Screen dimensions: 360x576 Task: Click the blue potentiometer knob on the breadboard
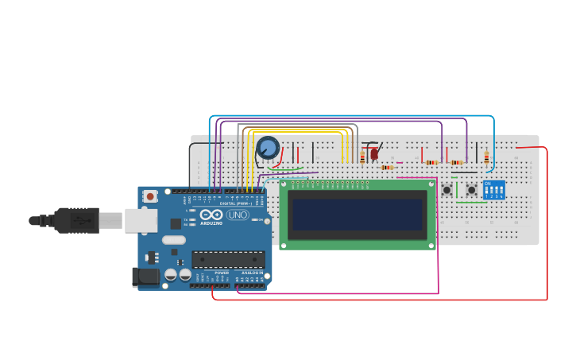(269, 148)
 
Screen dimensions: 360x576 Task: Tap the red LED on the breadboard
(374, 153)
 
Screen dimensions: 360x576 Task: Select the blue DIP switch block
(494, 190)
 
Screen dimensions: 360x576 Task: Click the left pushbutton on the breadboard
(447, 190)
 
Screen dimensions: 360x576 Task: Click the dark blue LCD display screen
(357, 215)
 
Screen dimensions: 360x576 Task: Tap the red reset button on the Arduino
(150, 196)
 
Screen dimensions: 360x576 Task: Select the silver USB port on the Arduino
(141, 220)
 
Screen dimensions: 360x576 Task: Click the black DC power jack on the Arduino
(147, 277)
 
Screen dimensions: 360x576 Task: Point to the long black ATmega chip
(229, 259)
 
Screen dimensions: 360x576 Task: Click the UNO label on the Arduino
(238, 215)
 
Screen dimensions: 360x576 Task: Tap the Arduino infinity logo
(211, 215)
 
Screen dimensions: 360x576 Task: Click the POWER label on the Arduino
(222, 273)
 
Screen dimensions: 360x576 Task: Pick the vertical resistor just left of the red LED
(362, 157)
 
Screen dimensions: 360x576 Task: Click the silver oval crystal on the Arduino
(174, 239)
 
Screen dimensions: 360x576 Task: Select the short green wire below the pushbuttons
(472, 202)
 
